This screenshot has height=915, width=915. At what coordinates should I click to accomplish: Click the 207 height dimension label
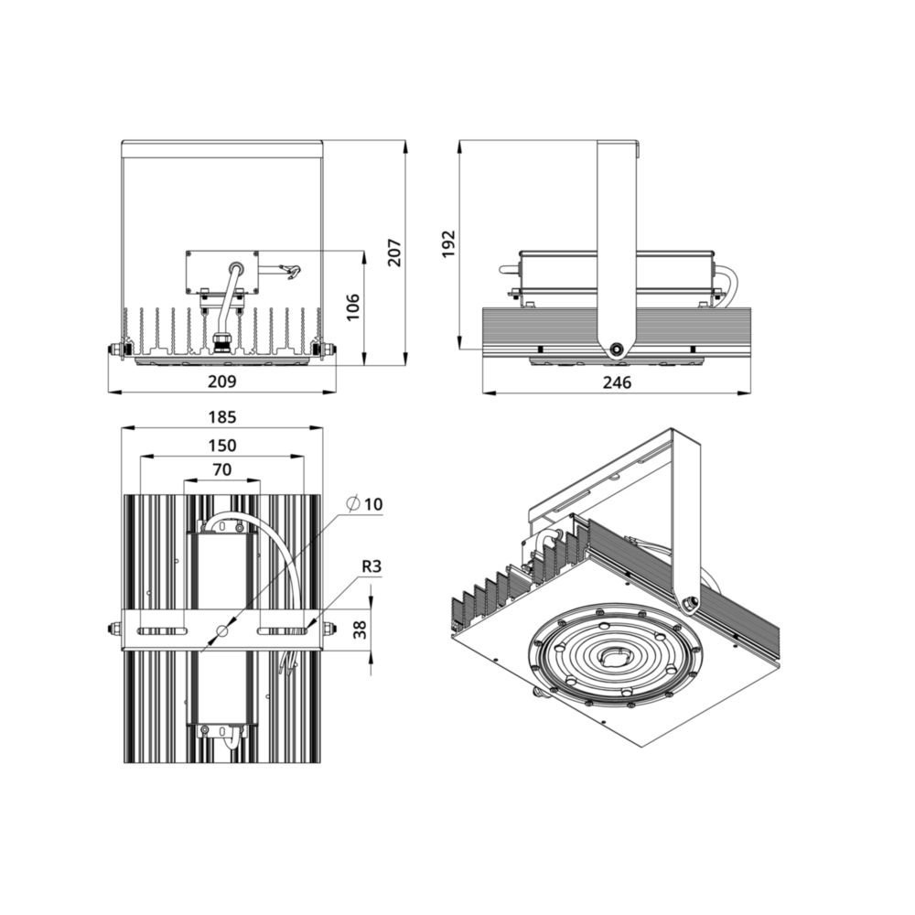(x=393, y=252)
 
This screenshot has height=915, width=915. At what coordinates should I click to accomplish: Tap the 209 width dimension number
(x=223, y=381)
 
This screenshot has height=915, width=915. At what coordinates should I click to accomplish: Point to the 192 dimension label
(x=448, y=243)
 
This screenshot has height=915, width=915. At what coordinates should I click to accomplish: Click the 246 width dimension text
(x=619, y=382)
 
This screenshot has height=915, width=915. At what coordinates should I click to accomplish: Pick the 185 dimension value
(x=221, y=416)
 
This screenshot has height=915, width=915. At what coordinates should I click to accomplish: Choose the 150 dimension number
(x=221, y=446)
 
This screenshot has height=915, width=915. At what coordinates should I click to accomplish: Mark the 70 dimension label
(x=221, y=469)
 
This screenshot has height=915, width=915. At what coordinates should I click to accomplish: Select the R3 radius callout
(x=371, y=566)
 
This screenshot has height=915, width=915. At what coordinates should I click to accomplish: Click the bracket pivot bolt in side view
(x=619, y=349)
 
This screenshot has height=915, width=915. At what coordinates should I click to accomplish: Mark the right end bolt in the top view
(x=328, y=629)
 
